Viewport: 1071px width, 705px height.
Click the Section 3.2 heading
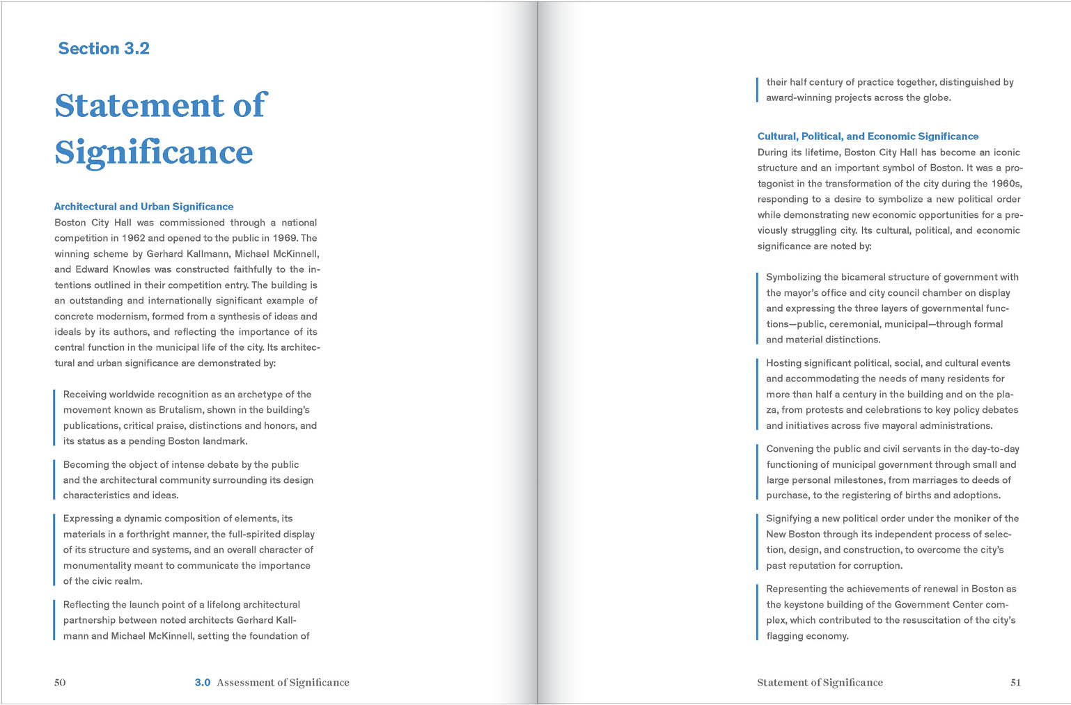point(104,49)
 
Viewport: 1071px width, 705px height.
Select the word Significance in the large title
point(154,152)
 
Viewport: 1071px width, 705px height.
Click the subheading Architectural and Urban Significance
point(143,207)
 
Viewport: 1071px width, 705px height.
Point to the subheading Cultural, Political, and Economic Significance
point(868,136)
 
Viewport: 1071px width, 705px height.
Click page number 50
point(60,683)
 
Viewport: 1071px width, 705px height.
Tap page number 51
point(1015,683)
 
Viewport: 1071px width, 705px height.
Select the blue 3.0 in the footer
point(202,683)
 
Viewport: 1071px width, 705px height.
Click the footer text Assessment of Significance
point(283,683)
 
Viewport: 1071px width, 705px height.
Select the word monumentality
point(97,566)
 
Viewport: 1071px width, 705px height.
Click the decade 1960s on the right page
point(1006,184)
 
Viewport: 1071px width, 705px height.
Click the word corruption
point(876,566)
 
